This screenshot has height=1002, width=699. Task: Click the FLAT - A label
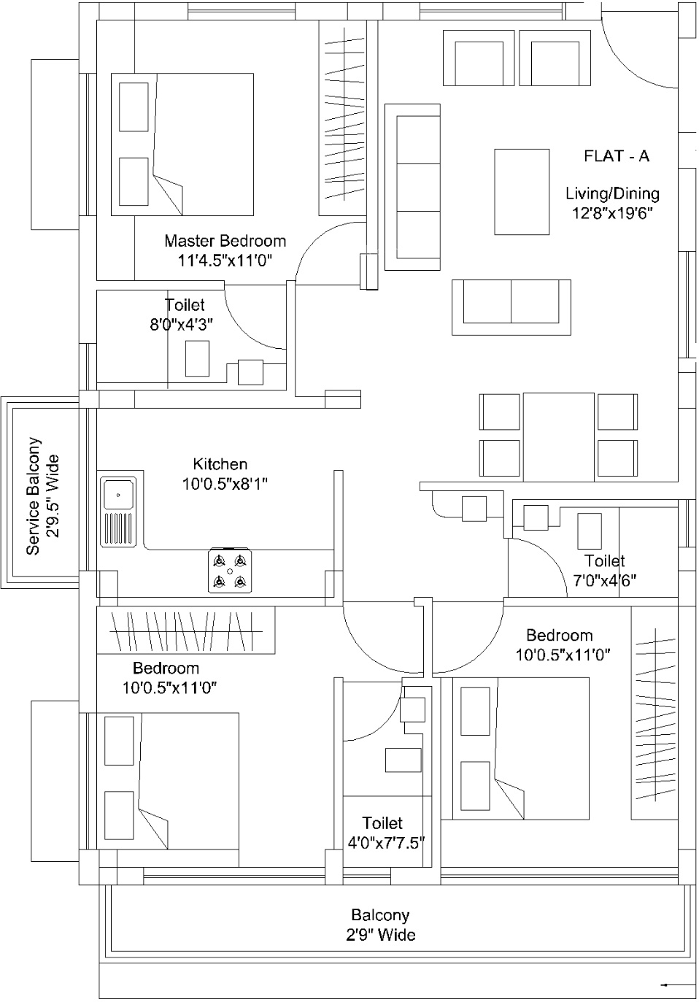point(617,156)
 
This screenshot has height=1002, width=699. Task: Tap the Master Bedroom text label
point(225,241)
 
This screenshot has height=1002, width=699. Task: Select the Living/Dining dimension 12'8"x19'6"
point(612,212)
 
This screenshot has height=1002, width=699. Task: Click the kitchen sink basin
point(118,494)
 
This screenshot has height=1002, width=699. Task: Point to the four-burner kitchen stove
point(230,571)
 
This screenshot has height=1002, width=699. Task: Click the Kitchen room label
point(220,464)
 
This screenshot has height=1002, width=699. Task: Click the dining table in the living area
point(559,437)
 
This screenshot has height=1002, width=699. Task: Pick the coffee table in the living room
point(522,192)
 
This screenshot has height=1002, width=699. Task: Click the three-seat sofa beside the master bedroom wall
point(412,187)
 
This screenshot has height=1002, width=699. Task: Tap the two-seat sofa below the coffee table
point(511,307)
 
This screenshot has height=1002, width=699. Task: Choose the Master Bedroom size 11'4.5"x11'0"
point(225,260)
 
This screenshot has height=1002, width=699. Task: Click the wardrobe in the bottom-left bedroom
point(186,631)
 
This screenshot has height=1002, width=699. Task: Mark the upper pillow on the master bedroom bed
point(134,107)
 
